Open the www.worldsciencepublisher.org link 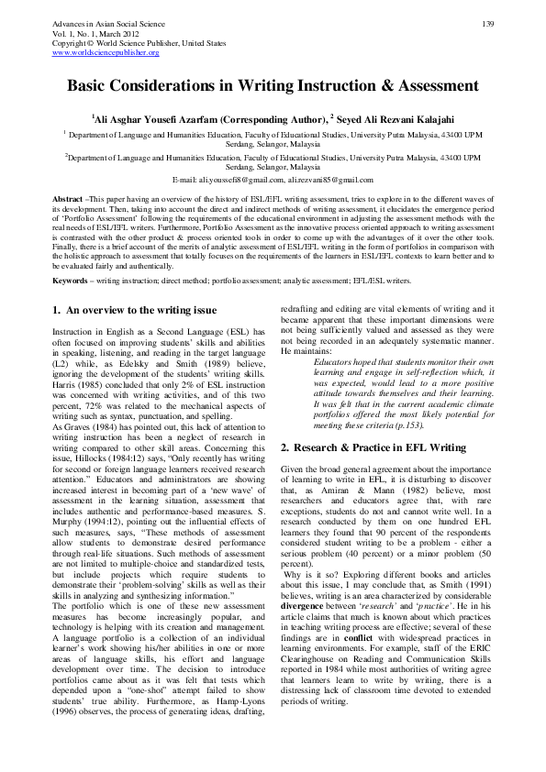point(106,52)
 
